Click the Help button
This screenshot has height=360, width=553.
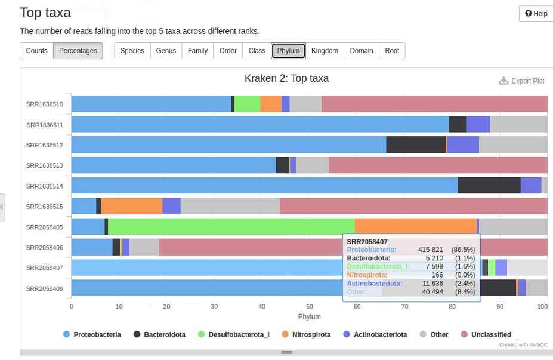pyautogui.click(x=536, y=14)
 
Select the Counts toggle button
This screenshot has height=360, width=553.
pyautogui.click(x=36, y=51)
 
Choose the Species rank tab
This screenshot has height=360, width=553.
pyautogui.click(x=132, y=51)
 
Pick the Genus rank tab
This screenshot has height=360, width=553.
pyautogui.click(x=166, y=51)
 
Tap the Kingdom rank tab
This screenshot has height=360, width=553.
pyautogui.click(x=325, y=51)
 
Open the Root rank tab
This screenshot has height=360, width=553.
pyautogui.click(x=392, y=51)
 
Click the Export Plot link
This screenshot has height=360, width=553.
pyautogui.click(x=522, y=81)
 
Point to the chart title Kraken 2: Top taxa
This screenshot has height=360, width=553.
pyautogui.click(x=286, y=78)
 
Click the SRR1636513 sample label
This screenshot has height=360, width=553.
pyautogui.click(x=45, y=165)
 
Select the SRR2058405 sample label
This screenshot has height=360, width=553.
pyautogui.click(x=45, y=227)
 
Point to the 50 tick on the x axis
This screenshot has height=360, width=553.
pyautogui.click(x=310, y=306)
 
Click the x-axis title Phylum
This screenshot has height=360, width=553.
pyautogui.click(x=309, y=316)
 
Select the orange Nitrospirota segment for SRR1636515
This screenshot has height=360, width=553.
pyautogui.click(x=131, y=207)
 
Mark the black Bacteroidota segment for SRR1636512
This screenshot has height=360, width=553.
pyautogui.click(x=416, y=144)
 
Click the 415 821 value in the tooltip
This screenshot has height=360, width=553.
pyautogui.click(x=430, y=250)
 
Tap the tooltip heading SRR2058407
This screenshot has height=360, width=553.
pyautogui.click(x=367, y=241)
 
